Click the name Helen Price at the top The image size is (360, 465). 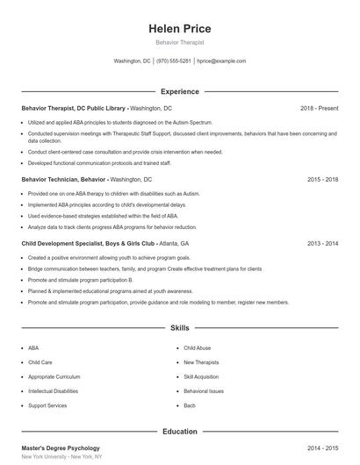tap(179, 28)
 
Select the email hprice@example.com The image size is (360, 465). tap(221, 61)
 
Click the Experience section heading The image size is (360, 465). tap(179, 91)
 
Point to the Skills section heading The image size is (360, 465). tap(179, 328)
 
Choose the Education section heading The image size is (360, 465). tap(179, 432)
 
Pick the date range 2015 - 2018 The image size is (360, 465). tap(322, 179)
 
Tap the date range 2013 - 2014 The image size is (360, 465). tap(322, 243)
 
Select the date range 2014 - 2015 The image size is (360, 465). tap(322, 448)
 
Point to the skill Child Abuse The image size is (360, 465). tap(197, 348)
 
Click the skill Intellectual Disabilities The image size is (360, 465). tap(53, 391)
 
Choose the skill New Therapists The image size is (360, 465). tap(201, 362)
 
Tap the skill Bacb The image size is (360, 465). tap(189, 405)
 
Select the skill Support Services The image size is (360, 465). tap(47, 405)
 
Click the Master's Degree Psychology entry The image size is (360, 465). tap(61, 448)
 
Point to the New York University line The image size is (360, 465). tap(61, 458)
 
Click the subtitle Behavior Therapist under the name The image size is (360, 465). tap(179, 42)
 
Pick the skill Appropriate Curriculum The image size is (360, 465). tap(54, 376)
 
